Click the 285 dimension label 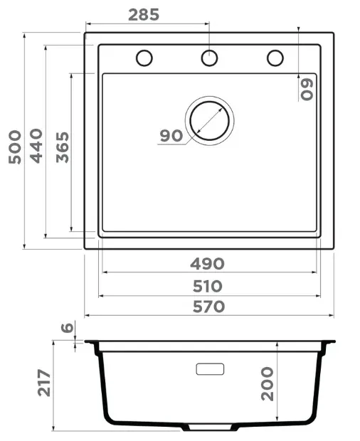pyautogui.click(x=144, y=15)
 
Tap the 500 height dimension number pyautogui.click(x=15, y=147)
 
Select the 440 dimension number pyautogui.click(x=36, y=146)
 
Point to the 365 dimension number pyautogui.click(x=63, y=147)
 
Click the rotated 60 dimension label pyautogui.click(x=307, y=89)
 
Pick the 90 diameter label pyautogui.click(x=171, y=136)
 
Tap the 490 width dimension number pyautogui.click(x=207, y=264)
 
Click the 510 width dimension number pyautogui.click(x=208, y=287)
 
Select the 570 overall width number pyautogui.click(x=208, y=307)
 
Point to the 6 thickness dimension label pyautogui.click(x=68, y=327)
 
